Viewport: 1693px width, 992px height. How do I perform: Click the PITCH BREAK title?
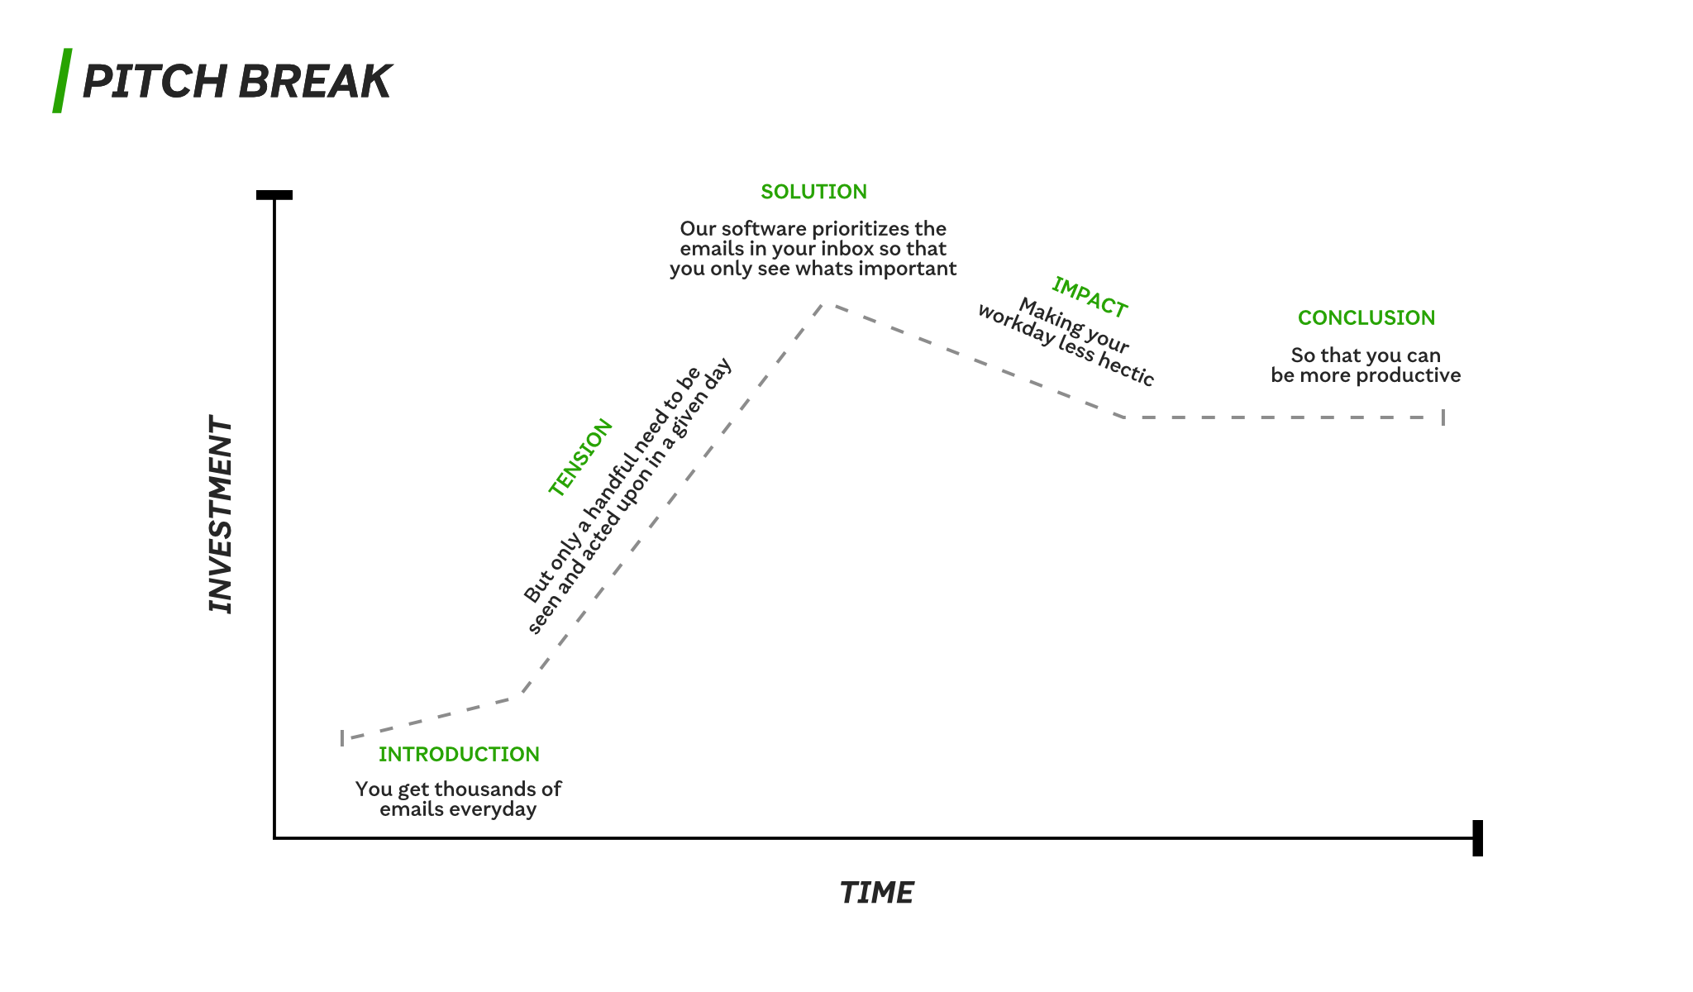(237, 81)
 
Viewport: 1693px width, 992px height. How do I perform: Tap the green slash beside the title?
(62, 80)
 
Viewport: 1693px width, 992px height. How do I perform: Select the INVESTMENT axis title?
(221, 514)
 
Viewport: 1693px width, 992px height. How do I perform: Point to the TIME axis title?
(876, 893)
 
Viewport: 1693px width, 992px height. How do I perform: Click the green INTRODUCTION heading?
(459, 754)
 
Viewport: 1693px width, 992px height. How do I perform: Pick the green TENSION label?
(580, 457)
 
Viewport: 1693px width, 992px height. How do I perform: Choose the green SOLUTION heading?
(813, 192)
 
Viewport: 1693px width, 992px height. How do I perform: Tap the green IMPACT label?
(1090, 298)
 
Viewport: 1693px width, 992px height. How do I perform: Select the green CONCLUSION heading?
(1366, 318)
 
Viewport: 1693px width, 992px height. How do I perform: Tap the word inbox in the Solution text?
(847, 249)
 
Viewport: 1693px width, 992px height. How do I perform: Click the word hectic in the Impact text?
(1126, 366)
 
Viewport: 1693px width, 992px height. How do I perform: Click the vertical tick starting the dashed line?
(342, 737)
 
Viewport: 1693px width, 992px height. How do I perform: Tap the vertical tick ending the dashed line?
(1443, 417)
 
